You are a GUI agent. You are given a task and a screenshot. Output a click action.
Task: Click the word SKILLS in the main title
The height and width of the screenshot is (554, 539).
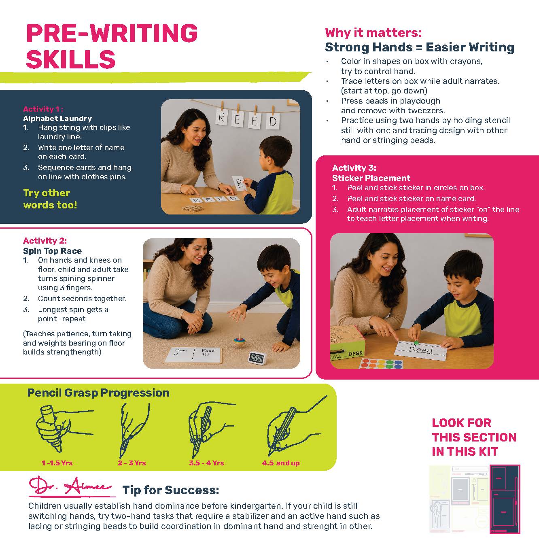click(x=71, y=59)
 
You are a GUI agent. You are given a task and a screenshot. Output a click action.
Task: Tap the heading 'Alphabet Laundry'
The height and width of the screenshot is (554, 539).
click(x=57, y=119)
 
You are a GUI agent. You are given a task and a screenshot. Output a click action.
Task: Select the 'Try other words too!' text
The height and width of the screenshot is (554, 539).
click(x=50, y=199)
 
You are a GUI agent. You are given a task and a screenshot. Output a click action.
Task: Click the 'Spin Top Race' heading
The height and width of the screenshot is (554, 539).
click(x=52, y=251)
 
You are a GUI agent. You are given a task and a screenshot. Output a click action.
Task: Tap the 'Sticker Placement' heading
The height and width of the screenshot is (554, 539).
click(x=371, y=178)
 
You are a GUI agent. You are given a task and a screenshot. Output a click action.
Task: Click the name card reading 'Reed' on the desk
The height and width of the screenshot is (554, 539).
click(x=421, y=350)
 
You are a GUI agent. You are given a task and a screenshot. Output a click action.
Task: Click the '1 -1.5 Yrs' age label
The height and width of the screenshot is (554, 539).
click(x=57, y=463)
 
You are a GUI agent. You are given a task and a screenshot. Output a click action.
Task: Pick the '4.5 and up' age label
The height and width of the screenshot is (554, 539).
click(x=281, y=463)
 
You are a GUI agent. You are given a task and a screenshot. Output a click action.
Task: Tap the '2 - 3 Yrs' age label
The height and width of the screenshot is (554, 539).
click(x=132, y=463)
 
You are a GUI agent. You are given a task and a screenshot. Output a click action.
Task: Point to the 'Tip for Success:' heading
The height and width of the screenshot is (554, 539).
click(x=171, y=490)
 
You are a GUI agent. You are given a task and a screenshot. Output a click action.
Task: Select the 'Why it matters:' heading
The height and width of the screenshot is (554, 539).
click(x=373, y=33)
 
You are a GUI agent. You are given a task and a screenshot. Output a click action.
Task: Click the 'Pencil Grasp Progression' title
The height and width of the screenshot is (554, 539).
click(x=98, y=393)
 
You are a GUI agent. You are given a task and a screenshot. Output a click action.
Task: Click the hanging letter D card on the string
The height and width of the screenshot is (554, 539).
click(x=272, y=121)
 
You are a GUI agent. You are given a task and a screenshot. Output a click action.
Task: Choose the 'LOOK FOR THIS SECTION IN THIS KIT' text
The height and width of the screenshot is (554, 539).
click(x=474, y=437)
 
